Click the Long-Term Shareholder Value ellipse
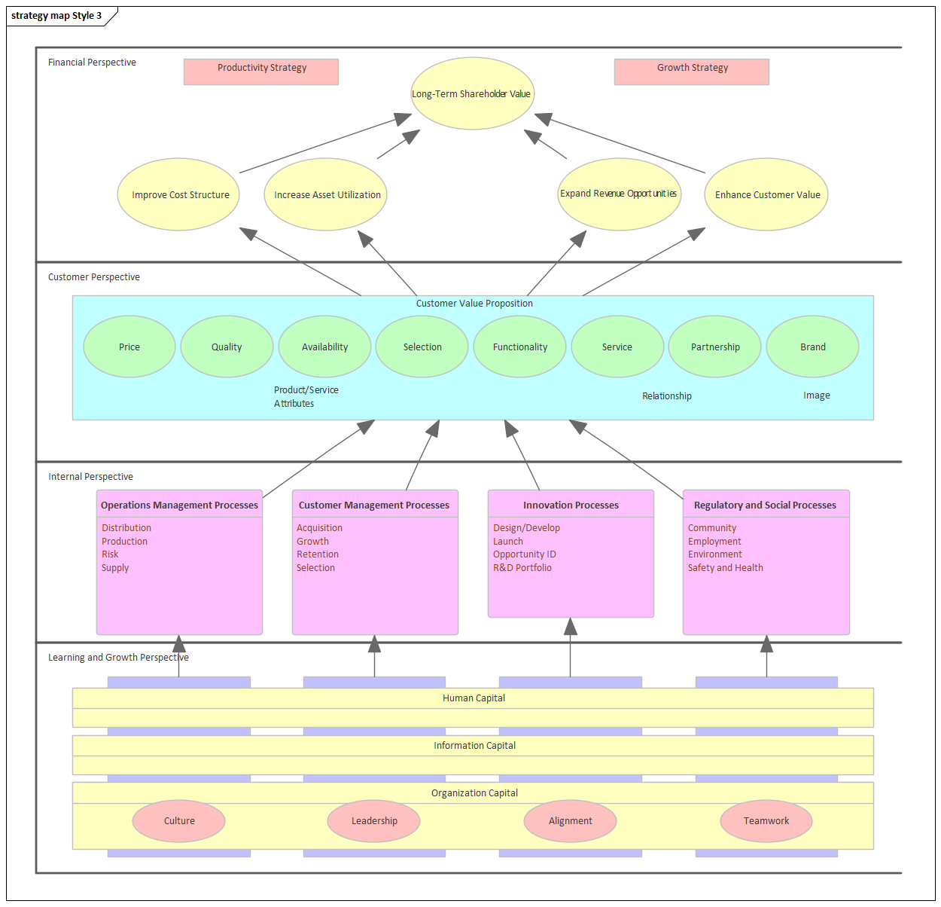pos(472,93)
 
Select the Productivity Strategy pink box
pos(261,72)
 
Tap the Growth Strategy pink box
pos(692,72)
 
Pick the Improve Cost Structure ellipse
pos(179,194)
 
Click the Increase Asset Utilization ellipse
pos(326,194)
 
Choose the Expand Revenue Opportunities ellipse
pos(619,194)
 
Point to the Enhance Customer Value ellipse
pos(766,194)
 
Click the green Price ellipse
pos(129,347)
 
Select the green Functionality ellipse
pos(519,347)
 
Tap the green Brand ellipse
pos(812,347)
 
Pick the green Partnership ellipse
pos(714,347)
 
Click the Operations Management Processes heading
pos(179,505)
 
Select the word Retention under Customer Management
pos(318,554)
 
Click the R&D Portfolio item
pos(522,568)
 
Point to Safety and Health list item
pos(725,568)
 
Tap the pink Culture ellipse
pos(179,820)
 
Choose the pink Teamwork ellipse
pos(766,820)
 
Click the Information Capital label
pos(474,746)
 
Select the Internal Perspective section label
pos(90,477)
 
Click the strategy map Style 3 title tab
pos(56,16)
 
